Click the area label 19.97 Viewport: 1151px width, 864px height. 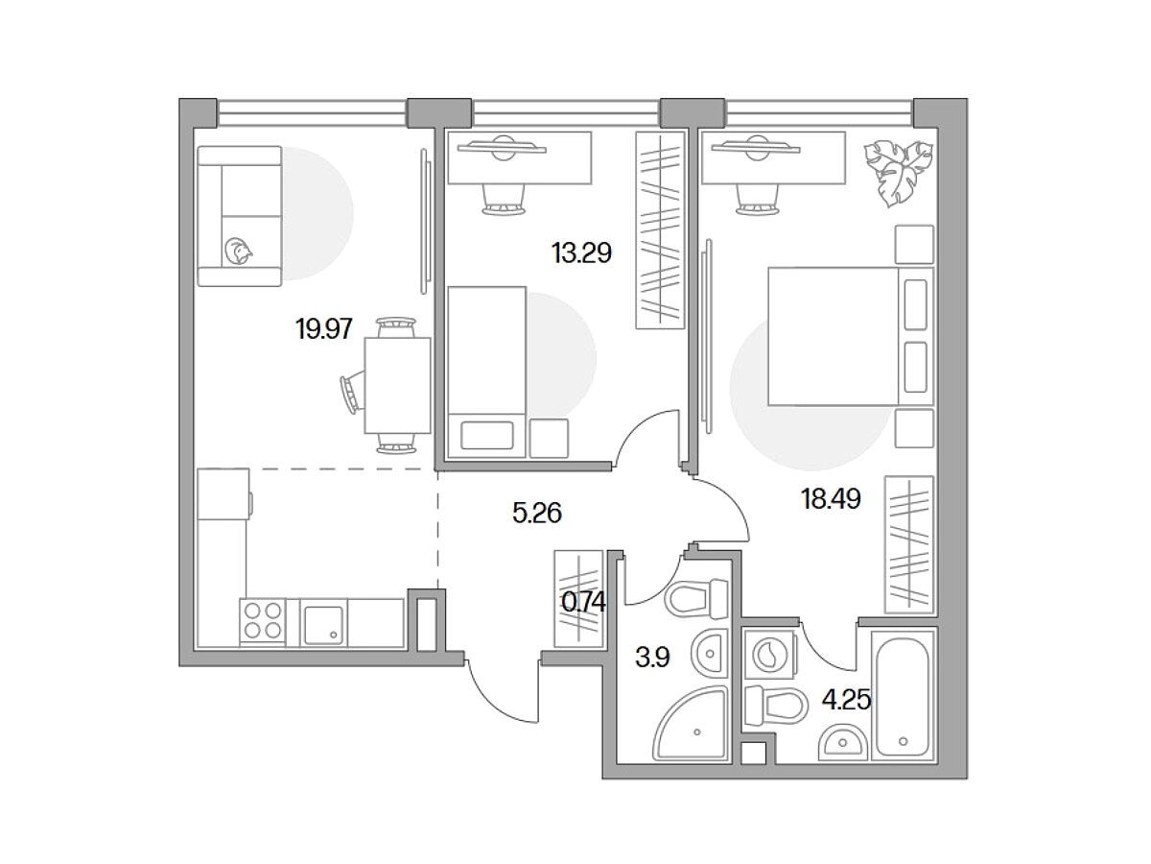pyautogui.click(x=323, y=330)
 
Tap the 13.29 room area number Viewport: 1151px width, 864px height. pyautogui.click(x=581, y=253)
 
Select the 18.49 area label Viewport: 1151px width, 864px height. pyautogui.click(x=831, y=499)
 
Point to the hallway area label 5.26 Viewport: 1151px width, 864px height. pyautogui.click(x=537, y=513)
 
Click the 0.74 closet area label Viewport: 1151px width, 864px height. pyautogui.click(x=583, y=602)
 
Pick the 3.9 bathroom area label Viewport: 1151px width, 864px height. pyautogui.click(x=652, y=658)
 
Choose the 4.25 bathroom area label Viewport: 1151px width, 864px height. pyautogui.click(x=847, y=700)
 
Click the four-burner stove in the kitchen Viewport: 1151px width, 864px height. pyautogui.click(x=263, y=622)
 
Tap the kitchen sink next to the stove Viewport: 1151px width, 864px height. pyautogui.click(x=323, y=624)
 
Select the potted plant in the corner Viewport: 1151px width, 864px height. pyautogui.click(x=898, y=172)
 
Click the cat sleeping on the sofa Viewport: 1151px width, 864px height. pyautogui.click(x=238, y=251)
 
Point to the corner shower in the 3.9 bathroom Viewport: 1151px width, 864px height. pyautogui.click(x=692, y=724)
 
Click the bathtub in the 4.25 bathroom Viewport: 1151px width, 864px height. pyautogui.click(x=903, y=696)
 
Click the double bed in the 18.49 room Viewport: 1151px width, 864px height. pyautogui.click(x=851, y=336)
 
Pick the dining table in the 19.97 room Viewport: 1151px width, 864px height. pyautogui.click(x=397, y=386)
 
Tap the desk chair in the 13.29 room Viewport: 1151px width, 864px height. pyautogui.click(x=504, y=200)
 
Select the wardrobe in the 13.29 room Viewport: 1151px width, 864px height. pyautogui.click(x=660, y=230)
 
